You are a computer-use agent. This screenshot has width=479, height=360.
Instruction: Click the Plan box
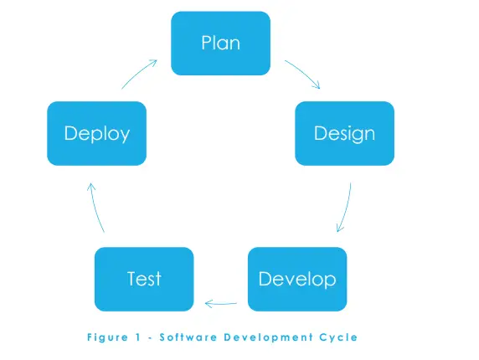(220, 43)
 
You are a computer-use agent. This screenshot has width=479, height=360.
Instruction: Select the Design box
(344, 133)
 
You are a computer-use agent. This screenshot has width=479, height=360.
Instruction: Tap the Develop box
(297, 279)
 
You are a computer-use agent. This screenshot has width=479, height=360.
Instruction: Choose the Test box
(144, 279)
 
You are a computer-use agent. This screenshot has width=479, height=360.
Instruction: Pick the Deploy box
(97, 133)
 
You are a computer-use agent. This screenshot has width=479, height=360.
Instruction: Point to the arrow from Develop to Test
(220, 304)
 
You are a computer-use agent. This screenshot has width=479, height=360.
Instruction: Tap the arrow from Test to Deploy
(95, 208)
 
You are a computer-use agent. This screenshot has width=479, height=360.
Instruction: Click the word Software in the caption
(188, 337)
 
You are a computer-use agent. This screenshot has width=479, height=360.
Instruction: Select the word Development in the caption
(269, 337)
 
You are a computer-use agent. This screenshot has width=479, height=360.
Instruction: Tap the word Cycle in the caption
(338, 337)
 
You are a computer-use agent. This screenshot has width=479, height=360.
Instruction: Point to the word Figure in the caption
(107, 337)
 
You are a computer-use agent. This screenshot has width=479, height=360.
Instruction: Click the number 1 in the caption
(138, 337)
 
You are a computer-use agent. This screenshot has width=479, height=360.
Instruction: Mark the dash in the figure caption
(150, 338)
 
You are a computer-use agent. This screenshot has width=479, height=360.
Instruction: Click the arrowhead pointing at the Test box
(209, 304)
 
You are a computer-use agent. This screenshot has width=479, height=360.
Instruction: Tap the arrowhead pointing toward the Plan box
(153, 63)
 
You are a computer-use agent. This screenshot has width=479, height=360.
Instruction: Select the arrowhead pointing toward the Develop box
(340, 228)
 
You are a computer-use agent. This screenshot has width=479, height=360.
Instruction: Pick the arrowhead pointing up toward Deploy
(91, 187)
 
